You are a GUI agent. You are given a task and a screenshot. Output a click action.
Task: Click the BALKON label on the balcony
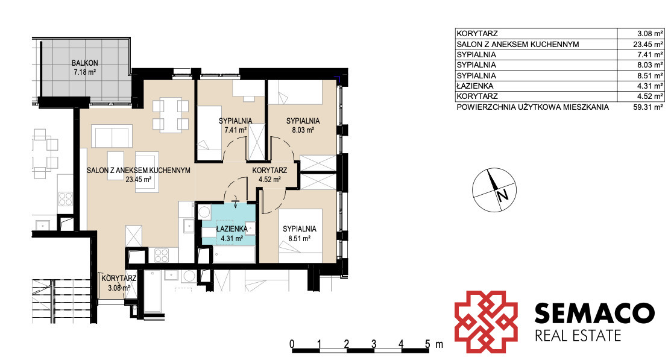[85, 63]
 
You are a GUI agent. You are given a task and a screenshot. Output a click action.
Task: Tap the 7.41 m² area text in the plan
[236, 130]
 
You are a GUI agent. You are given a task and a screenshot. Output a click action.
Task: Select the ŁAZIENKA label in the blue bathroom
[232, 229]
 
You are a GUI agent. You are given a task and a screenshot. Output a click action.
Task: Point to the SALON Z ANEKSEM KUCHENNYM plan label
[139, 171]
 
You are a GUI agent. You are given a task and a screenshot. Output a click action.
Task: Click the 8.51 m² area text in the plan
[300, 239]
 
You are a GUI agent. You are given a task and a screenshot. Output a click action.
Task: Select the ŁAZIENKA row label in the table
[475, 86]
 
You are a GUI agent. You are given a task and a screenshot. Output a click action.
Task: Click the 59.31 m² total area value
[648, 107]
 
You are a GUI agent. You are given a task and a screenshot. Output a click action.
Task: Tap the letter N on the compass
[503, 195]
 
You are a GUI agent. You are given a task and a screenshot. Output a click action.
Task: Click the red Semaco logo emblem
[486, 321]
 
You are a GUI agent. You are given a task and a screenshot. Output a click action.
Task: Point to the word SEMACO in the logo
[594, 313]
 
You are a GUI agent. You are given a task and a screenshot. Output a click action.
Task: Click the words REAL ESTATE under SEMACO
[578, 336]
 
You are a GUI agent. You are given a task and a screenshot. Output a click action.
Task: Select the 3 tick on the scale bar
[374, 344]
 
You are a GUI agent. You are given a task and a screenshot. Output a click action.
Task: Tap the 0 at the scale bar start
[292, 344]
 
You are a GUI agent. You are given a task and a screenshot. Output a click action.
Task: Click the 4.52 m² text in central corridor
[269, 180]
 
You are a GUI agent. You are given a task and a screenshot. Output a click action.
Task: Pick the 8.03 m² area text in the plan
[303, 130]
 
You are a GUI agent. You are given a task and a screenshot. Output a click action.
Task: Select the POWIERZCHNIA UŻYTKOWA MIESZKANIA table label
[532, 107]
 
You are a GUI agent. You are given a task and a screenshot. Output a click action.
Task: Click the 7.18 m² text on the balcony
[85, 72]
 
